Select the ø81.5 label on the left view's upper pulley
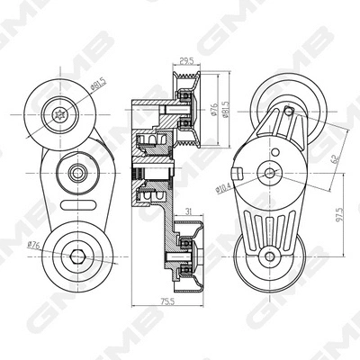pyautogui.click(x=97, y=87)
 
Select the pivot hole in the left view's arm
pyautogui.click(x=76, y=171)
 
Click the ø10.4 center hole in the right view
pyautogui.click(x=267, y=173)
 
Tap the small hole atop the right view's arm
pyautogui.click(x=287, y=112)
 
